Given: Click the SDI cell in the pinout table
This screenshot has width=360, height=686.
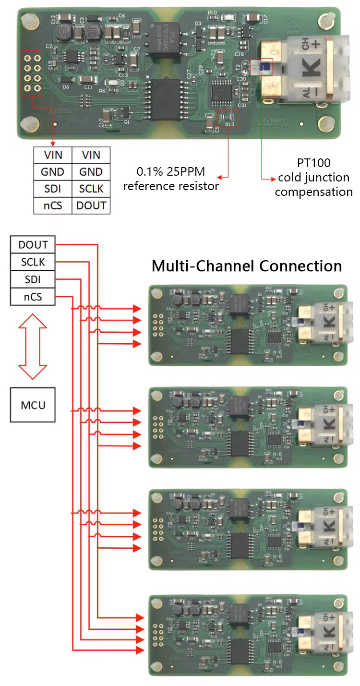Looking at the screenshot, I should pyautogui.click(x=52, y=189).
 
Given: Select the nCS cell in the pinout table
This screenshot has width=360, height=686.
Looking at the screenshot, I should pyautogui.click(x=52, y=205).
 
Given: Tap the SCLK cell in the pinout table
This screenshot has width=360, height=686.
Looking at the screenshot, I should pyautogui.click(x=91, y=189).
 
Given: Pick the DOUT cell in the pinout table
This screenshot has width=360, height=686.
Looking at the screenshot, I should pyautogui.click(x=91, y=205).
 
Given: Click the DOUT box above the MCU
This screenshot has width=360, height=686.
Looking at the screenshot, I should pyautogui.click(x=33, y=245).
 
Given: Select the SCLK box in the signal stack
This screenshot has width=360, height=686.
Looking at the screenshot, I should pyautogui.click(x=33, y=262).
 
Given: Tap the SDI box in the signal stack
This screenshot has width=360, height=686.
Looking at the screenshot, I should pyautogui.click(x=33, y=279).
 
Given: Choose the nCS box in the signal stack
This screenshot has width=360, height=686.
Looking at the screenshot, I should pyautogui.click(x=33, y=297).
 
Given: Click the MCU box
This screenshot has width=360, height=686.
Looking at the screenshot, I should pyautogui.click(x=33, y=405).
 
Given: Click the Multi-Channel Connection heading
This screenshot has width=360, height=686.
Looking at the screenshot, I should pyautogui.click(x=247, y=266).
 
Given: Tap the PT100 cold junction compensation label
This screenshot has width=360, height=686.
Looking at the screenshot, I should pyautogui.click(x=313, y=177).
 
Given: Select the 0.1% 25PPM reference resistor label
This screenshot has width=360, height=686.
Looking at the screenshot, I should pyautogui.click(x=171, y=179).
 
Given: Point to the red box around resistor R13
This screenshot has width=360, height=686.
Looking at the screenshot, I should pyautogui.click(x=228, y=118).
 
